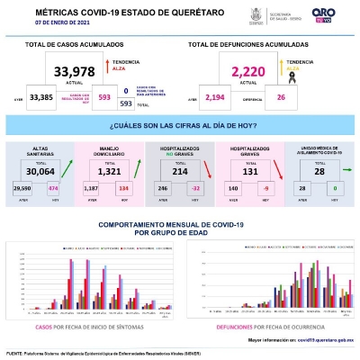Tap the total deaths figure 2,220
click(x=251, y=71)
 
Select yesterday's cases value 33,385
click(x=41, y=96)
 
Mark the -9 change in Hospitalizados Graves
click(x=265, y=188)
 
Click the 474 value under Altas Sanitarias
click(x=53, y=188)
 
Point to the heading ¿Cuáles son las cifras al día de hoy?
click(x=179, y=127)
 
